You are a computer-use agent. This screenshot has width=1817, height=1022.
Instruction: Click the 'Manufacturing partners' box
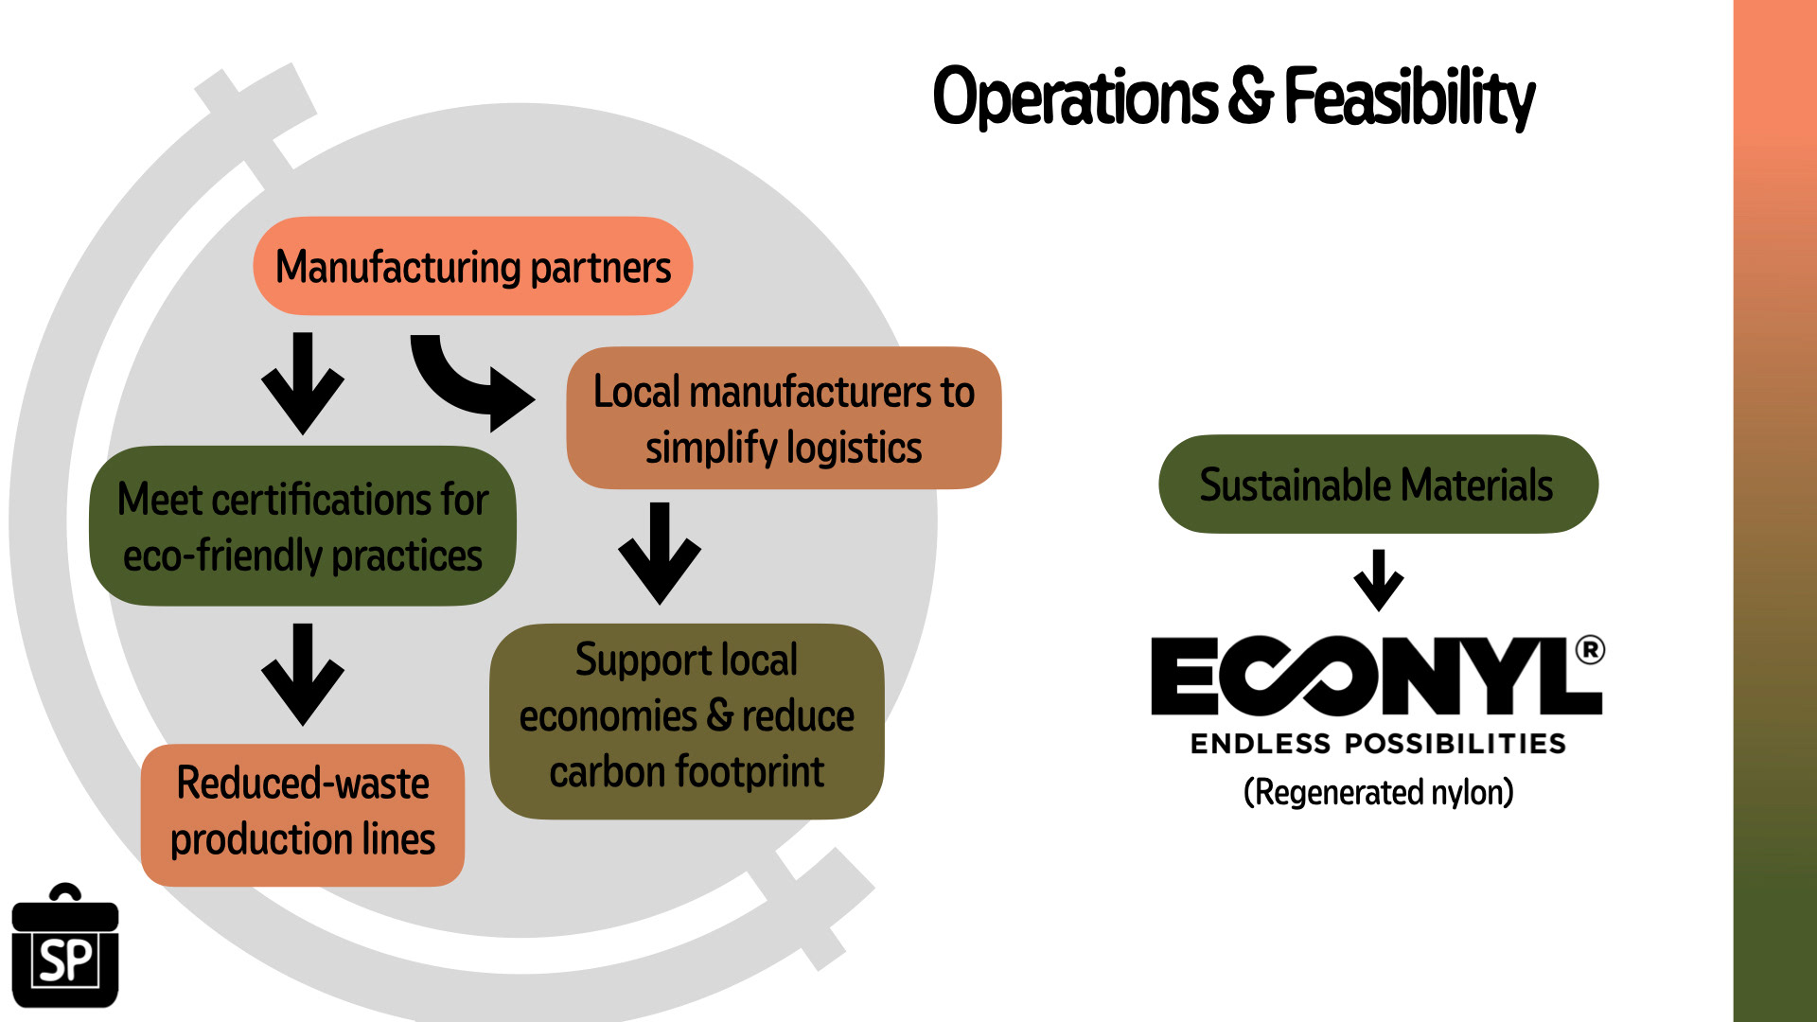pyautogui.click(x=472, y=266)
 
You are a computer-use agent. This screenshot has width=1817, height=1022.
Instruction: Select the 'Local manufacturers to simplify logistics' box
pyautogui.click(x=783, y=418)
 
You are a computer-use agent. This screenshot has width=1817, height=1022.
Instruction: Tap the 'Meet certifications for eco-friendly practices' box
pyautogui.click(x=302, y=526)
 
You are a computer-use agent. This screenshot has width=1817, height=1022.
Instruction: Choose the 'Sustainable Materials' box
pyautogui.click(x=1377, y=485)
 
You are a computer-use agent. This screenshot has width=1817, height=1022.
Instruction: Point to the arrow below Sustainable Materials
pyautogui.click(x=1379, y=579)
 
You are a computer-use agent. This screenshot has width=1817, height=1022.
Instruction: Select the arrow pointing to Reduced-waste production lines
pyautogui.click(x=302, y=674)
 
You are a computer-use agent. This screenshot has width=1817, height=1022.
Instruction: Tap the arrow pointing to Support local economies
pyautogui.click(x=660, y=553)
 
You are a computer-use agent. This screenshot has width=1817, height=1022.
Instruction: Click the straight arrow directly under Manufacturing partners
pyautogui.click(x=302, y=382)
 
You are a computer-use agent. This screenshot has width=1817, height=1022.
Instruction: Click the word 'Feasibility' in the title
pyautogui.click(x=1409, y=97)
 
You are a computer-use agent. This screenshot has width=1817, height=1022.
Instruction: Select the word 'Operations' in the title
pyautogui.click(x=1075, y=97)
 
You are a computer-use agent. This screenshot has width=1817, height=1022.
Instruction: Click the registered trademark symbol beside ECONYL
pyautogui.click(x=1590, y=650)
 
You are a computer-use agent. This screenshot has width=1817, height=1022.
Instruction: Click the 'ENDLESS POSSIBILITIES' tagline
pyautogui.click(x=1378, y=744)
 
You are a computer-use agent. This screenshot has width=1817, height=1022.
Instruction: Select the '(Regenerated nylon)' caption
pyautogui.click(x=1378, y=792)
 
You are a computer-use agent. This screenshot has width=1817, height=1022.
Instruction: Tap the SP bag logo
pyautogui.click(x=64, y=948)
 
